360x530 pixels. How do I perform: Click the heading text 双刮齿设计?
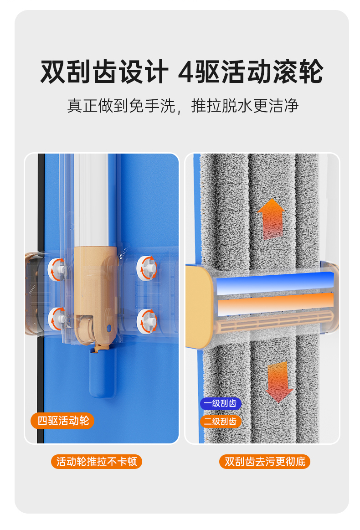pos(104,72)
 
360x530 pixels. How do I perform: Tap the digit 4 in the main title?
pos(186,72)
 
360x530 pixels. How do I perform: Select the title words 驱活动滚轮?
pos(259,72)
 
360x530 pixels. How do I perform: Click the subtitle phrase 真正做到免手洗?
pos(121,106)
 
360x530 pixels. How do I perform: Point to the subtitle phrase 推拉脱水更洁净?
pos(245,106)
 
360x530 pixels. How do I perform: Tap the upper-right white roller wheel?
pos(147,268)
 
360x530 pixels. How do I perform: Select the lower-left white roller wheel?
pos(57,319)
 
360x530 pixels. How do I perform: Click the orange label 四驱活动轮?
pos(62,421)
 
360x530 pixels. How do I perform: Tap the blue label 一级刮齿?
pos(221,403)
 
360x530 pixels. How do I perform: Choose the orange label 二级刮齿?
pos(221,422)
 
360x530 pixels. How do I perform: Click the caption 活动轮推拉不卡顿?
pos(97,461)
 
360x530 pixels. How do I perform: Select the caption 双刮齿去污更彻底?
pos(265,461)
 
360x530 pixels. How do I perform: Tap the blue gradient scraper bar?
pos(275,283)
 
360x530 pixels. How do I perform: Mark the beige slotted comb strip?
pos(274,323)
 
